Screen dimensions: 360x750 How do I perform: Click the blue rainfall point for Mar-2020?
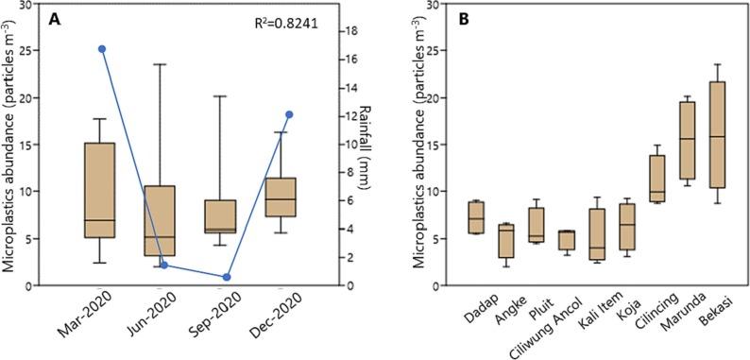click(101, 49)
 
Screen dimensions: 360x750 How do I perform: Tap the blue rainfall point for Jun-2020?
click(164, 265)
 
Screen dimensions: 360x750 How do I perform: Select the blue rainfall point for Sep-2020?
click(227, 277)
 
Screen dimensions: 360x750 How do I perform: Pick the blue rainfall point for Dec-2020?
click(289, 114)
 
